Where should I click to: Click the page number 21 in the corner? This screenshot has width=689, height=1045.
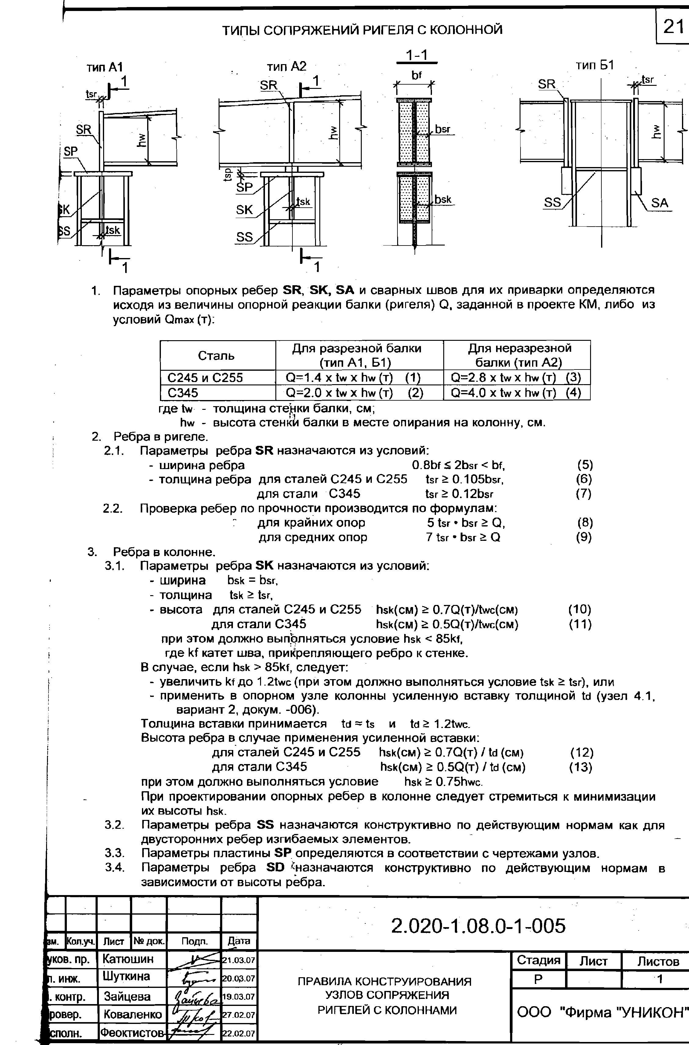coord(673,27)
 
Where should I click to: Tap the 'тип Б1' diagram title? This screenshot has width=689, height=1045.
coord(595,65)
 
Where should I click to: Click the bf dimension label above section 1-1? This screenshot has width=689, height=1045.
coord(416,76)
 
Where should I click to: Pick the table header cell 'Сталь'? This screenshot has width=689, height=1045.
coord(216,355)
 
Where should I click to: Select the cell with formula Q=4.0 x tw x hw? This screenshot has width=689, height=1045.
coord(516,392)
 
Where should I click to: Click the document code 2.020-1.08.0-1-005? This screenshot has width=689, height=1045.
coord(478,926)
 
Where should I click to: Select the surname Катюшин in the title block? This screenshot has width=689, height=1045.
coord(128,959)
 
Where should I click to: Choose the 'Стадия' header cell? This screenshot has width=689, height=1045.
coord(538,961)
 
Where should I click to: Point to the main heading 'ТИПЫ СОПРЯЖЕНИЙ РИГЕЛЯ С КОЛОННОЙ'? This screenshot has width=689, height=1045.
coord(362,30)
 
